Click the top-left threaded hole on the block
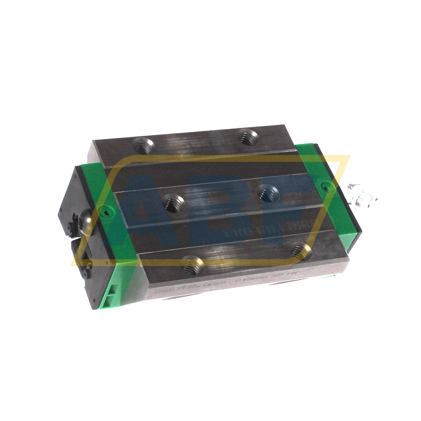(x=144, y=145)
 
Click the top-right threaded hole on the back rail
(x=248, y=137)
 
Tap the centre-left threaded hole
(x=175, y=203)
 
